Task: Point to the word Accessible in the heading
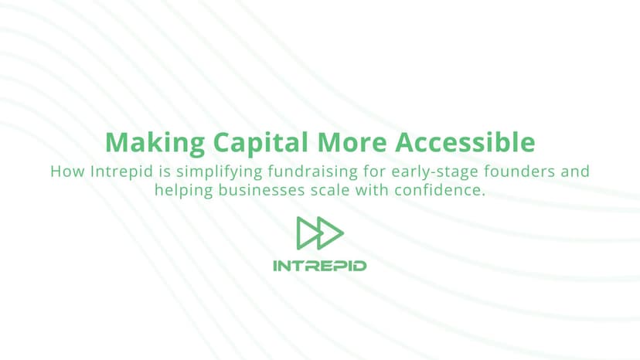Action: (x=465, y=143)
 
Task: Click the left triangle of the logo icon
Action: (x=308, y=233)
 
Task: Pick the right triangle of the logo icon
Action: (x=331, y=233)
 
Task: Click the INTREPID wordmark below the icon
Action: (x=320, y=266)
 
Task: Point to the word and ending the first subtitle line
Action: (x=574, y=171)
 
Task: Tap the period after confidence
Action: (x=484, y=193)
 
